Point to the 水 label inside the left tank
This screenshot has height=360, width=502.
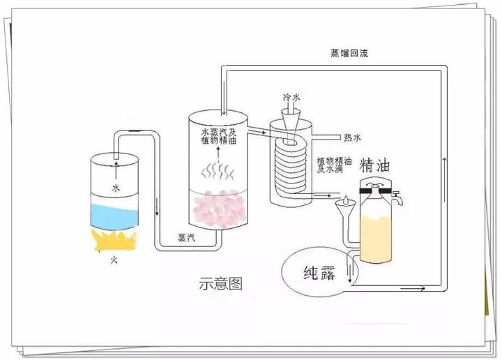(x=116, y=187)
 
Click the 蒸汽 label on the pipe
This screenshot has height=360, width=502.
(x=186, y=237)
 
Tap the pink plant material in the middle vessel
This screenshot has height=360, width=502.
(x=221, y=209)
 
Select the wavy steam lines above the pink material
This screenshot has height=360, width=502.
(x=218, y=170)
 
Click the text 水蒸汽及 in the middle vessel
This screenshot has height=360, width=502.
(x=220, y=130)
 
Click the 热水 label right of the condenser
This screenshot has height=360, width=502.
(x=353, y=136)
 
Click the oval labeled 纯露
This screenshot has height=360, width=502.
(x=317, y=271)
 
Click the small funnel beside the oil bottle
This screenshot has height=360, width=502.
(x=343, y=209)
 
